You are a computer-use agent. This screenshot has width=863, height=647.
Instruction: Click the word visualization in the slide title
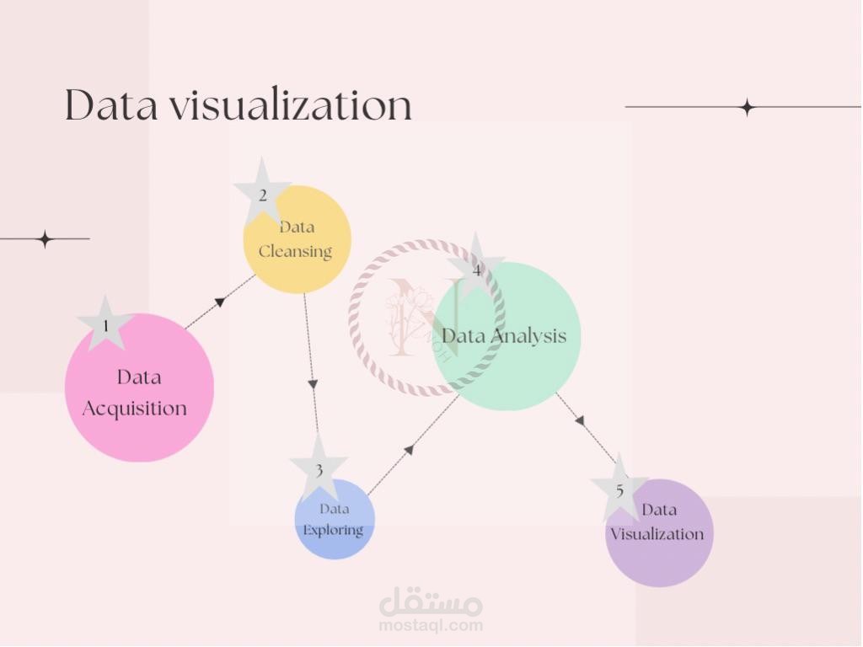click(x=291, y=105)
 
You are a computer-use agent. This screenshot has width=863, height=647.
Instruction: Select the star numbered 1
click(x=105, y=324)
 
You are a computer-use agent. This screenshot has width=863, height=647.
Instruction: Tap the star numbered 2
click(x=263, y=194)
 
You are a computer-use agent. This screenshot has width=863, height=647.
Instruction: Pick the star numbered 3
click(x=319, y=469)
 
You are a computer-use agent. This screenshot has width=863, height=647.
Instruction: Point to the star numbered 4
click(x=476, y=270)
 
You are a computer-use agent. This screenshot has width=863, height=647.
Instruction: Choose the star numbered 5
click(x=619, y=489)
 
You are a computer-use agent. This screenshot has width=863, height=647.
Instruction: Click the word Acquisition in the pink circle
click(x=135, y=409)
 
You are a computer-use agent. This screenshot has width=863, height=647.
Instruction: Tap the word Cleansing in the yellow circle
click(x=295, y=251)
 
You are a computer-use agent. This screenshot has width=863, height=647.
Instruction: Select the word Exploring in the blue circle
click(x=334, y=530)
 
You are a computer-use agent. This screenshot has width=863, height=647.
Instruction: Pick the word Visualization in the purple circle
click(x=657, y=534)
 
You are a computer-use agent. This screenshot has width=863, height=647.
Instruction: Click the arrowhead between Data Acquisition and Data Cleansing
click(x=220, y=302)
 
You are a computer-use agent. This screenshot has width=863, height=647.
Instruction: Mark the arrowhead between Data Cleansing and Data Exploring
click(x=313, y=384)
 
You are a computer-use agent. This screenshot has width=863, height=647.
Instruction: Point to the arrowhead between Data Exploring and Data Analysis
click(x=409, y=451)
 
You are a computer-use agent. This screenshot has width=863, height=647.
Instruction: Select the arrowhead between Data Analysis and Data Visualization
click(x=580, y=420)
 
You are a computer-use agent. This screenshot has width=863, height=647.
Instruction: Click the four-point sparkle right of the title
click(x=747, y=107)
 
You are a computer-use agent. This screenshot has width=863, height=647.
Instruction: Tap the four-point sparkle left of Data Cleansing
click(x=46, y=239)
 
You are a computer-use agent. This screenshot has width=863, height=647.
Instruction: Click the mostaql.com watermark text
click(x=431, y=625)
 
